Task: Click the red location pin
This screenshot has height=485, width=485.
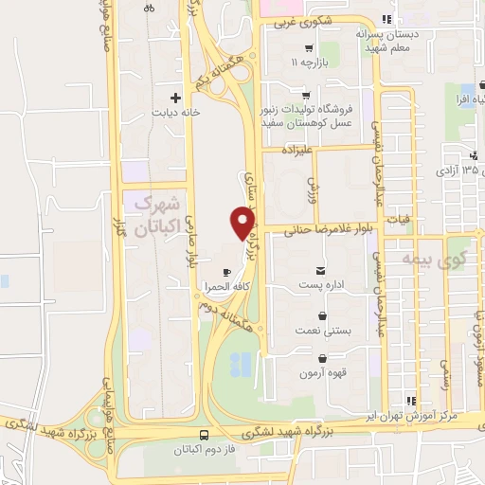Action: coord(243,223)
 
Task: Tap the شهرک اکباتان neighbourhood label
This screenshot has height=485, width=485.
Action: coord(156,215)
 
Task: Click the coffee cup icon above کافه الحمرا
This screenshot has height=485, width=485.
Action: coord(225,272)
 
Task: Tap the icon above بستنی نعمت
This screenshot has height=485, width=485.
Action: coord(324,316)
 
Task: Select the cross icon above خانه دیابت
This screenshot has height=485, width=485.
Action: coord(174,98)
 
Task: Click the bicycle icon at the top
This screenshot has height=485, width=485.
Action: coord(150,8)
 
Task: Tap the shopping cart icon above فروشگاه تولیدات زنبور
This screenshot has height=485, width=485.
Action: coord(305,95)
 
